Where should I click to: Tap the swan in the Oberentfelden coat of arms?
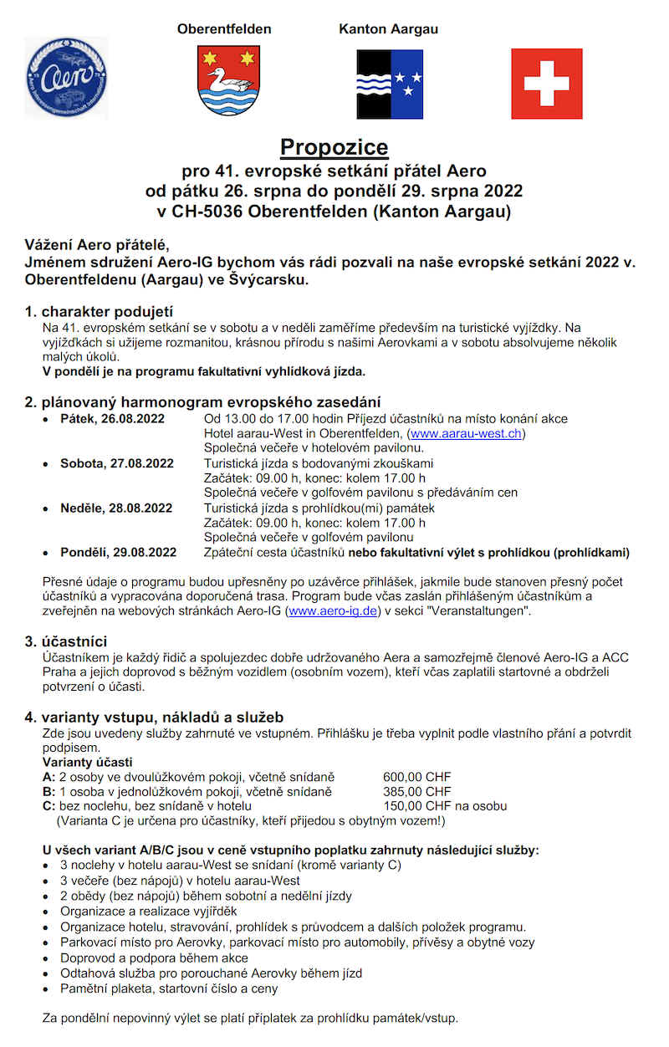click(x=222, y=83)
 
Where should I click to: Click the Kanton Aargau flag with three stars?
click(x=390, y=84)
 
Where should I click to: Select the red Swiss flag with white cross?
click(x=546, y=84)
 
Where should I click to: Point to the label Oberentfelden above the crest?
click(x=224, y=29)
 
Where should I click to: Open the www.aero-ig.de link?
click(x=333, y=611)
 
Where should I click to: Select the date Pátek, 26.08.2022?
click(x=112, y=418)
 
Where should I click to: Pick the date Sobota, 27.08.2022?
click(x=116, y=463)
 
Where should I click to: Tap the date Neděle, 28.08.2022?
click(x=116, y=508)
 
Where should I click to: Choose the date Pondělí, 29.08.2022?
click(x=118, y=552)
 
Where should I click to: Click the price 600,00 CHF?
click(x=416, y=776)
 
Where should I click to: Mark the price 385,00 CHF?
click(x=416, y=791)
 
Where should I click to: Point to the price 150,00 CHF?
click(x=416, y=806)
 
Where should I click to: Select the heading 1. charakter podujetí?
click(x=99, y=312)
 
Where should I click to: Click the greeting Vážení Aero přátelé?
click(x=97, y=244)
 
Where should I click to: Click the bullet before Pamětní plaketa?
click(x=46, y=988)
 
